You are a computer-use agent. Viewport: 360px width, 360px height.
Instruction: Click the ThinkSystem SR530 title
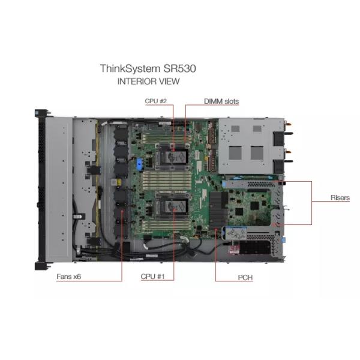tap(148, 68)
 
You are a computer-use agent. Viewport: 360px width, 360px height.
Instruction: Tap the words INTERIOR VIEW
tap(149, 81)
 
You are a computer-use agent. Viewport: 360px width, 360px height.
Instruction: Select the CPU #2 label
tap(155, 101)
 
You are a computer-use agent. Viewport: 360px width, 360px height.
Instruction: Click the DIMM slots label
tap(221, 101)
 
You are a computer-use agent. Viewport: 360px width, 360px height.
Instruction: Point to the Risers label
tap(340, 197)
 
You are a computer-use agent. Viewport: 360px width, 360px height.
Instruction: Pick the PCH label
tap(245, 277)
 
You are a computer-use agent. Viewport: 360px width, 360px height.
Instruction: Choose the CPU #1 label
tap(152, 277)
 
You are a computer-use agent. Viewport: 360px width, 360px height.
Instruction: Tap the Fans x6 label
tap(68, 277)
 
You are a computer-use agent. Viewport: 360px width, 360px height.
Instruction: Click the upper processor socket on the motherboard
tap(173, 157)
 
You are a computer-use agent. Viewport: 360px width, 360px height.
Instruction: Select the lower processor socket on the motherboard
tap(173, 205)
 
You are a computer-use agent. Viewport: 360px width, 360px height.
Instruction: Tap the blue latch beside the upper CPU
tap(140, 164)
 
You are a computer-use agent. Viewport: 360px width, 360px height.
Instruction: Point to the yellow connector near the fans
tap(119, 182)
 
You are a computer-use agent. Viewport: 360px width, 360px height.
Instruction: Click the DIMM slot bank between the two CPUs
tap(167, 181)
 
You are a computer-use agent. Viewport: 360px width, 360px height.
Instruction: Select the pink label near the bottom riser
tap(234, 250)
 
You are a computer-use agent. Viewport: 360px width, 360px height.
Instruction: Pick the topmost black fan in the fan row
tap(121, 133)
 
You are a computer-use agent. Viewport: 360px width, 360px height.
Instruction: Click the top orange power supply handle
tap(288, 124)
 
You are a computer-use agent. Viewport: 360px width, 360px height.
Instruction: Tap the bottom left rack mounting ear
tap(42, 266)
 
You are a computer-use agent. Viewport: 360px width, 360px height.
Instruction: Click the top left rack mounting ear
tap(42, 113)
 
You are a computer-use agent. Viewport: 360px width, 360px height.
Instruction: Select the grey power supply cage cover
tap(246, 146)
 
